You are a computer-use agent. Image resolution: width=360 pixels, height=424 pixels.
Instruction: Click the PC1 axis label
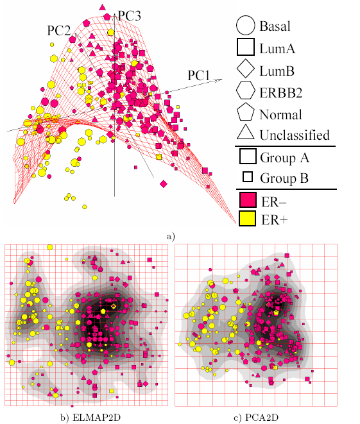(199, 75)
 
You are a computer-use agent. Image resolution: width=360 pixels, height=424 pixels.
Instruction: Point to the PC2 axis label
(59, 30)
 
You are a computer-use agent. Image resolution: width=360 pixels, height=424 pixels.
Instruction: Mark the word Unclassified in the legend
(295, 135)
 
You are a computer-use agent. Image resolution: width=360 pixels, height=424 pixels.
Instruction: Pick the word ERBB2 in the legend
(281, 92)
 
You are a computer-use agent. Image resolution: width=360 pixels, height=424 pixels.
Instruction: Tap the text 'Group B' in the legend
(284, 178)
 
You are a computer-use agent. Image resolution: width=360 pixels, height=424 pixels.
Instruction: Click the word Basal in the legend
(275, 26)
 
